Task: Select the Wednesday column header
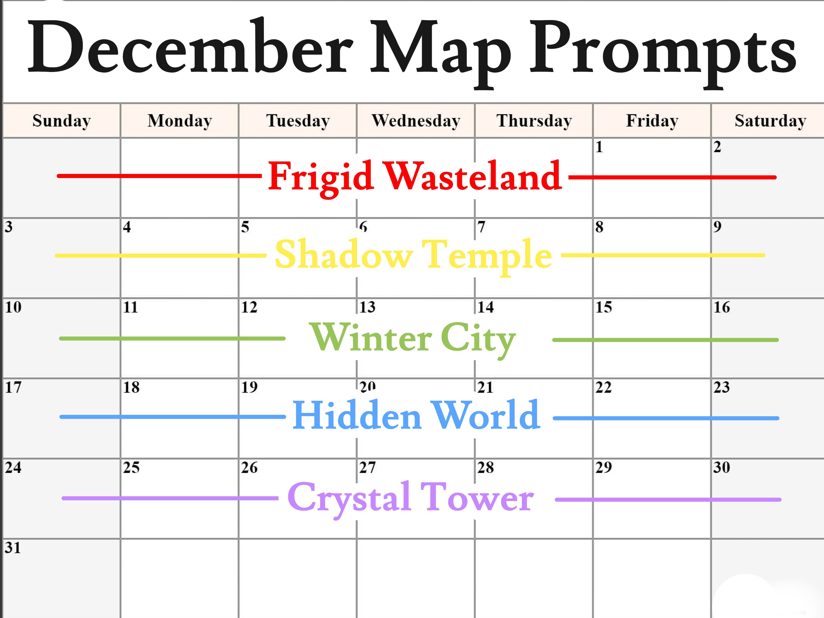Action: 416,121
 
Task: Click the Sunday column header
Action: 62,121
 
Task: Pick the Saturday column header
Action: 770,121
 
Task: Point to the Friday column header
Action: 652,121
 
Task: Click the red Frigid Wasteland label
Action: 415,177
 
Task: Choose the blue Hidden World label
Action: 416,415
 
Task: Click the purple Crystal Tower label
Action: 411,498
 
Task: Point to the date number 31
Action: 13,548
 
